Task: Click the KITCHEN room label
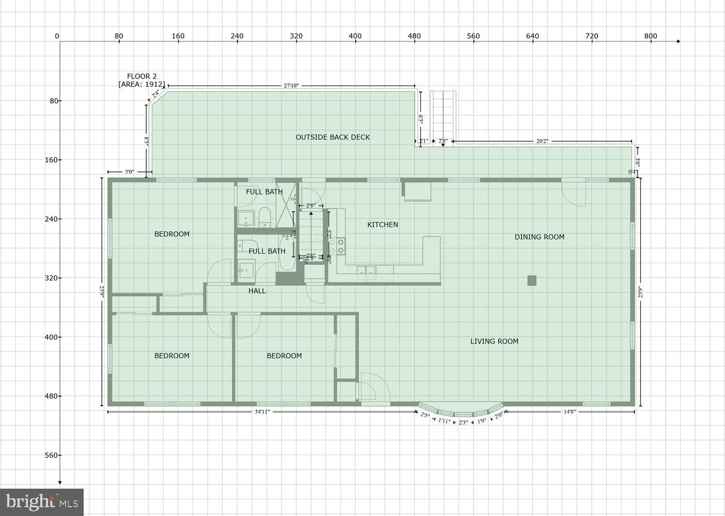tap(383, 224)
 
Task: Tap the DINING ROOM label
tap(539, 237)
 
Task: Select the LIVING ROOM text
tap(494, 341)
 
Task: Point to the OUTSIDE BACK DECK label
tap(333, 137)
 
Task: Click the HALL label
tap(257, 291)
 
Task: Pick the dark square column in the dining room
tap(532, 281)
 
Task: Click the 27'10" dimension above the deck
tap(291, 86)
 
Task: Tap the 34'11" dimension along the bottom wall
tap(262, 412)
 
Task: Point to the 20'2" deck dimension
tap(542, 141)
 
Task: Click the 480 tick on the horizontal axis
tap(414, 36)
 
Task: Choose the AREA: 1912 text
tap(141, 84)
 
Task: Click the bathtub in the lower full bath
tap(287, 254)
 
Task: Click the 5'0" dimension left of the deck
tap(129, 172)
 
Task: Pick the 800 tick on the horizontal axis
tap(650, 36)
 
